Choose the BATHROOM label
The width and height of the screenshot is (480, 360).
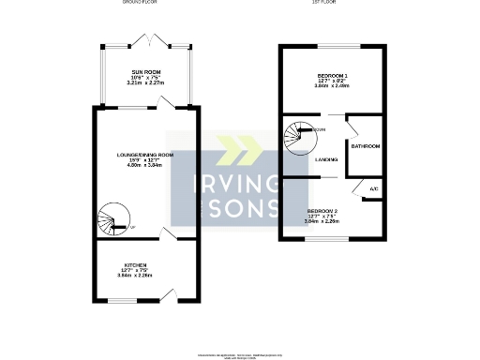coord(365,146)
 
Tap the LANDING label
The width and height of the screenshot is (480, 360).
coord(327,159)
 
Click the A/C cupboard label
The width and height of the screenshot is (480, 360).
coord(373,189)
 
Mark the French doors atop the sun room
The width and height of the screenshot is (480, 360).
coord(148,42)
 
